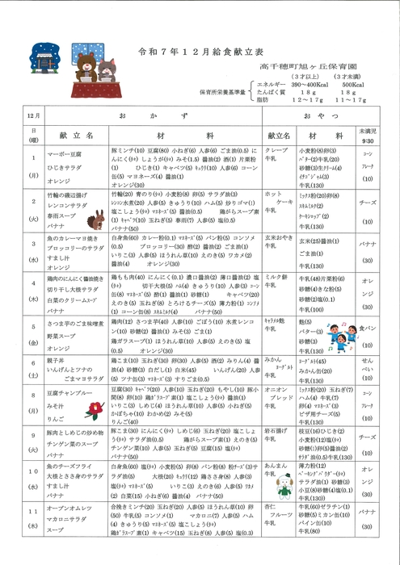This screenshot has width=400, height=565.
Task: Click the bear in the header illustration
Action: pos(86,59)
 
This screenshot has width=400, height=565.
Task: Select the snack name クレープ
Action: pos(275,151)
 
